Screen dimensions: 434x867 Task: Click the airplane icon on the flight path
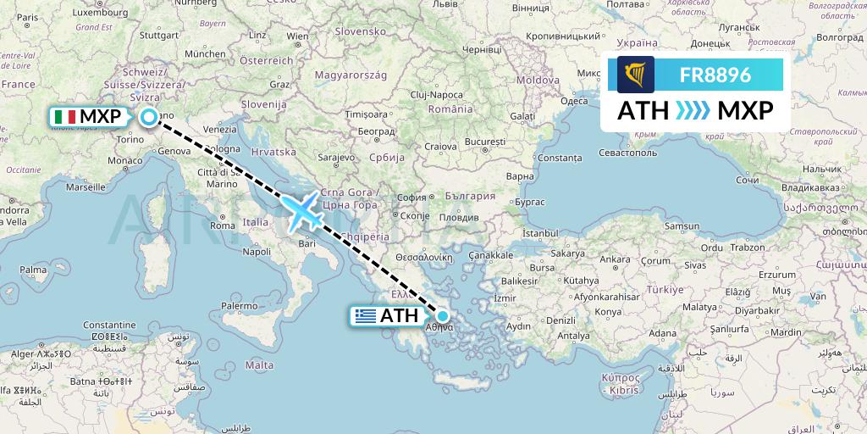tap(301, 210)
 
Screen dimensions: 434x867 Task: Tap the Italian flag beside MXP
tap(64, 116)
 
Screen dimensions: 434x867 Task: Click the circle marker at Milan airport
tap(149, 118)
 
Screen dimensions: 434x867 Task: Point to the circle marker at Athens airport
tap(442, 316)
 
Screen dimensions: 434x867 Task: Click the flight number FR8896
tap(715, 75)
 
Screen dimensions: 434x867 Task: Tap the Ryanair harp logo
tap(631, 75)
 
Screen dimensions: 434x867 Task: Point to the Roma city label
tap(222, 225)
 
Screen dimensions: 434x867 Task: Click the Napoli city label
tap(256, 252)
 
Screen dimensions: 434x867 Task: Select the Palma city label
tap(33, 270)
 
